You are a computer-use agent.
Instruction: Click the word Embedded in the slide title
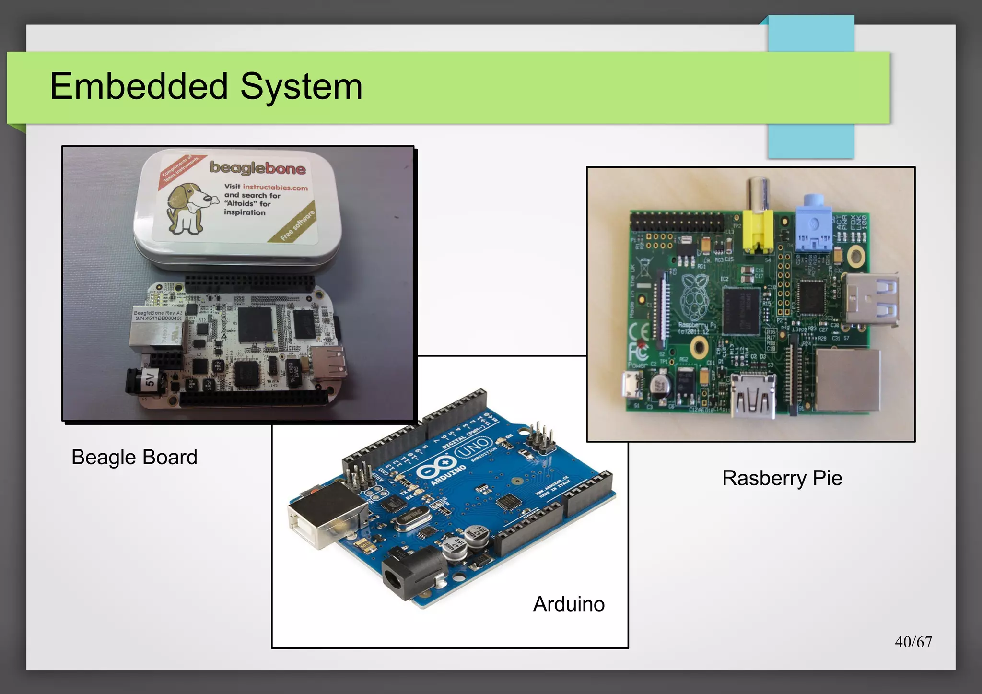coord(139,87)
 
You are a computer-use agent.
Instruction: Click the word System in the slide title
coord(301,87)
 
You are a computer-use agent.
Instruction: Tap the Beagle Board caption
coord(134,457)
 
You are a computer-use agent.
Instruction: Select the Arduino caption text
coord(569,604)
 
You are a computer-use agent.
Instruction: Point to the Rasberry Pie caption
coord(782,478)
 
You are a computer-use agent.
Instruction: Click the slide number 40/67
coord(913,642)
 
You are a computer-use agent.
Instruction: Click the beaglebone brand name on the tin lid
coord(257,167)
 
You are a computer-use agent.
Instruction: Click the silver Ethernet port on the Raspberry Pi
coord(848,380)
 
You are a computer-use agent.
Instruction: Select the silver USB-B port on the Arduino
coord(326,516)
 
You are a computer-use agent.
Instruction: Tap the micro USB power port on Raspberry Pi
coord(634,385)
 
